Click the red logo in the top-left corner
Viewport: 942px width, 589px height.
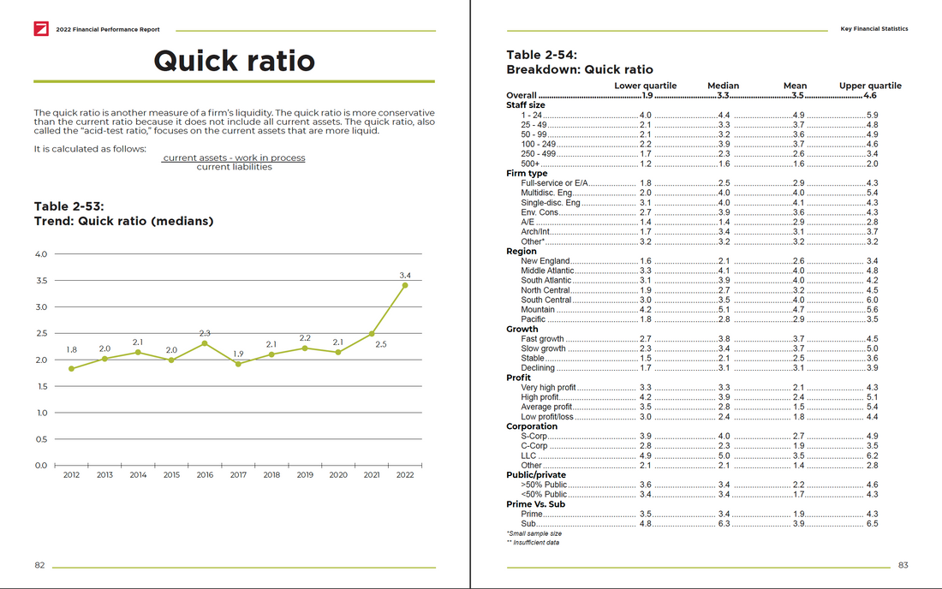pyautogui.click(x=40, y=29)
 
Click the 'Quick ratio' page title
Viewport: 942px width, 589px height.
pyautogui.click(x=234, y=60)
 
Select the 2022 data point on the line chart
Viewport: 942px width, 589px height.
pyautogui.click(x=405, y=285)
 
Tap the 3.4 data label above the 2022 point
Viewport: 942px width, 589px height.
pyautogui.click(x=405, y=275)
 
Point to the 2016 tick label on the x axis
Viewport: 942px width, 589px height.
pyautogui.click(x=205, y=475)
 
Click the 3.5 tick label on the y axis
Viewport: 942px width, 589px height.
pyautogui.click(x=41, y=281)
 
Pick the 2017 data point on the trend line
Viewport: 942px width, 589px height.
pyautogui.click(x=238, y=364)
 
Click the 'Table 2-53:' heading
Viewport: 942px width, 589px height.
pyautogui.click(x=69, y=206)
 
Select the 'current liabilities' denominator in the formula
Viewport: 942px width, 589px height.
pyautogui.click(x=234, y=167)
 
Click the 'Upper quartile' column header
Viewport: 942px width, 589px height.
pyautogui.click(x=870, y=86)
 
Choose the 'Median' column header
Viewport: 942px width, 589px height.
pyautogui.click(x=723, y=86)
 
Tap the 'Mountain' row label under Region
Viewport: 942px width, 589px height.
pyautogui.click(x=538, y=310)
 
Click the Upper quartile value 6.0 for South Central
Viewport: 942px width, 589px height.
pyautogui.click(x=872, y=300)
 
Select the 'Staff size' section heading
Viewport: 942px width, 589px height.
pyautogui.click(x=526, y=105)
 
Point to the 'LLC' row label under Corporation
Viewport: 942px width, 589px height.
pyautogui.click(x=529, y=455)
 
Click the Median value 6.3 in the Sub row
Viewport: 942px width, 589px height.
pyautogui.click(x=724, y=524)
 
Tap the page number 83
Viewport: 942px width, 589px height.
pyautogui.click(x=903, y=566)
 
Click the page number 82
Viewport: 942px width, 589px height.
pyautogui.click(x=39, y=566)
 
